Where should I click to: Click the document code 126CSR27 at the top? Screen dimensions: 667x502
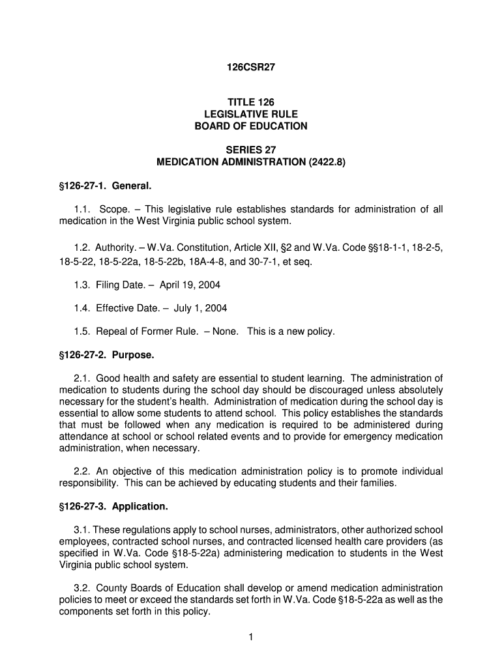point(251,67)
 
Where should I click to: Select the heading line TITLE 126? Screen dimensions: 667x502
point(251,102)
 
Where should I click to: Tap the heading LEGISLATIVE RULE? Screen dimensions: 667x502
point(251,114)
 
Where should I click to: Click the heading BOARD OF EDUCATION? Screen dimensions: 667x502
point(251,126)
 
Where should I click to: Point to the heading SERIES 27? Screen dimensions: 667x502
point(251,150)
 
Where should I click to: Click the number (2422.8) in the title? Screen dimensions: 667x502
point(321,162)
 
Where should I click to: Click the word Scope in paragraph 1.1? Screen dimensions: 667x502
point(112,209)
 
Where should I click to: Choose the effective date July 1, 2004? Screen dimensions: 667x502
point(200,308)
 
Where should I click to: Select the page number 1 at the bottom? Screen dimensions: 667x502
point(250,637)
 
